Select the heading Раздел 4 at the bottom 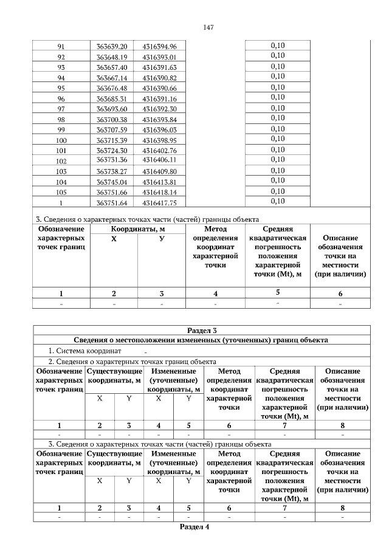coord(194,527)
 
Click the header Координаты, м coord(138,229)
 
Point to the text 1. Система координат coord(85,351)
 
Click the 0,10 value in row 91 coord(277,46)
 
